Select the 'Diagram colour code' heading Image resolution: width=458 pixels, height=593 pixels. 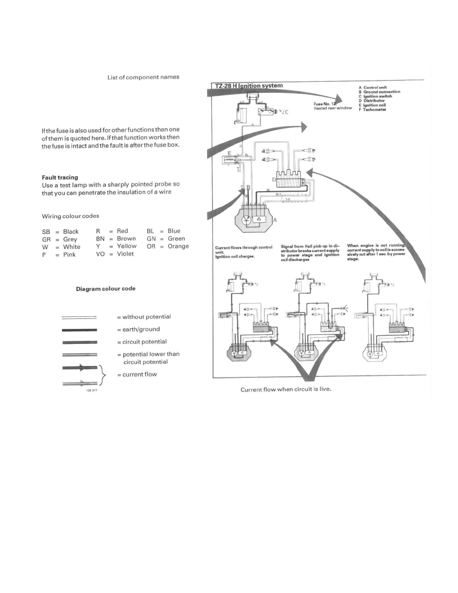105,289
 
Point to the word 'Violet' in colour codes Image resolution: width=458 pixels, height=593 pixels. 125,254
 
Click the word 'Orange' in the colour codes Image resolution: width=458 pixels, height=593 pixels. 178,247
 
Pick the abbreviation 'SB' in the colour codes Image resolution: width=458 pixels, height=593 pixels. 46,232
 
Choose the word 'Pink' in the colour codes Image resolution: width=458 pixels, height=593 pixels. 69,255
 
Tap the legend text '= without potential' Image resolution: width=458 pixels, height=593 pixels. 144,317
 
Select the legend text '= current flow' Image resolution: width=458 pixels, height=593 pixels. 140,374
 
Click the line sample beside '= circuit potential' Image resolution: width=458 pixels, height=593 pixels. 78,342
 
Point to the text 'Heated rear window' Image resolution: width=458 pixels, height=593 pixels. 333,108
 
